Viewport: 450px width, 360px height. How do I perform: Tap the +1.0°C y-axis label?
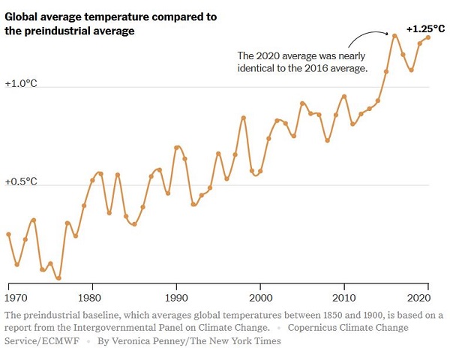[x=21, y=84]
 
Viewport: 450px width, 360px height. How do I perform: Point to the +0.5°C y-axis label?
[x=21, y=181]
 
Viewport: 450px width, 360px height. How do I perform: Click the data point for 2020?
[x=428, y=37]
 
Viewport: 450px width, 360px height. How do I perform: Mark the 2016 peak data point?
[x=394, y=35]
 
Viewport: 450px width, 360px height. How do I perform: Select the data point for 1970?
[x=8, y=234]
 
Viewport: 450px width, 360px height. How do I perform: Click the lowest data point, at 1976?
[x=58, y=277]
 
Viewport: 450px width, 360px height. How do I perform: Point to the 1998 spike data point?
[x=244, y=118]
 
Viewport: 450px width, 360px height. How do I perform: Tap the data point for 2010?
[x=344, y=97]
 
